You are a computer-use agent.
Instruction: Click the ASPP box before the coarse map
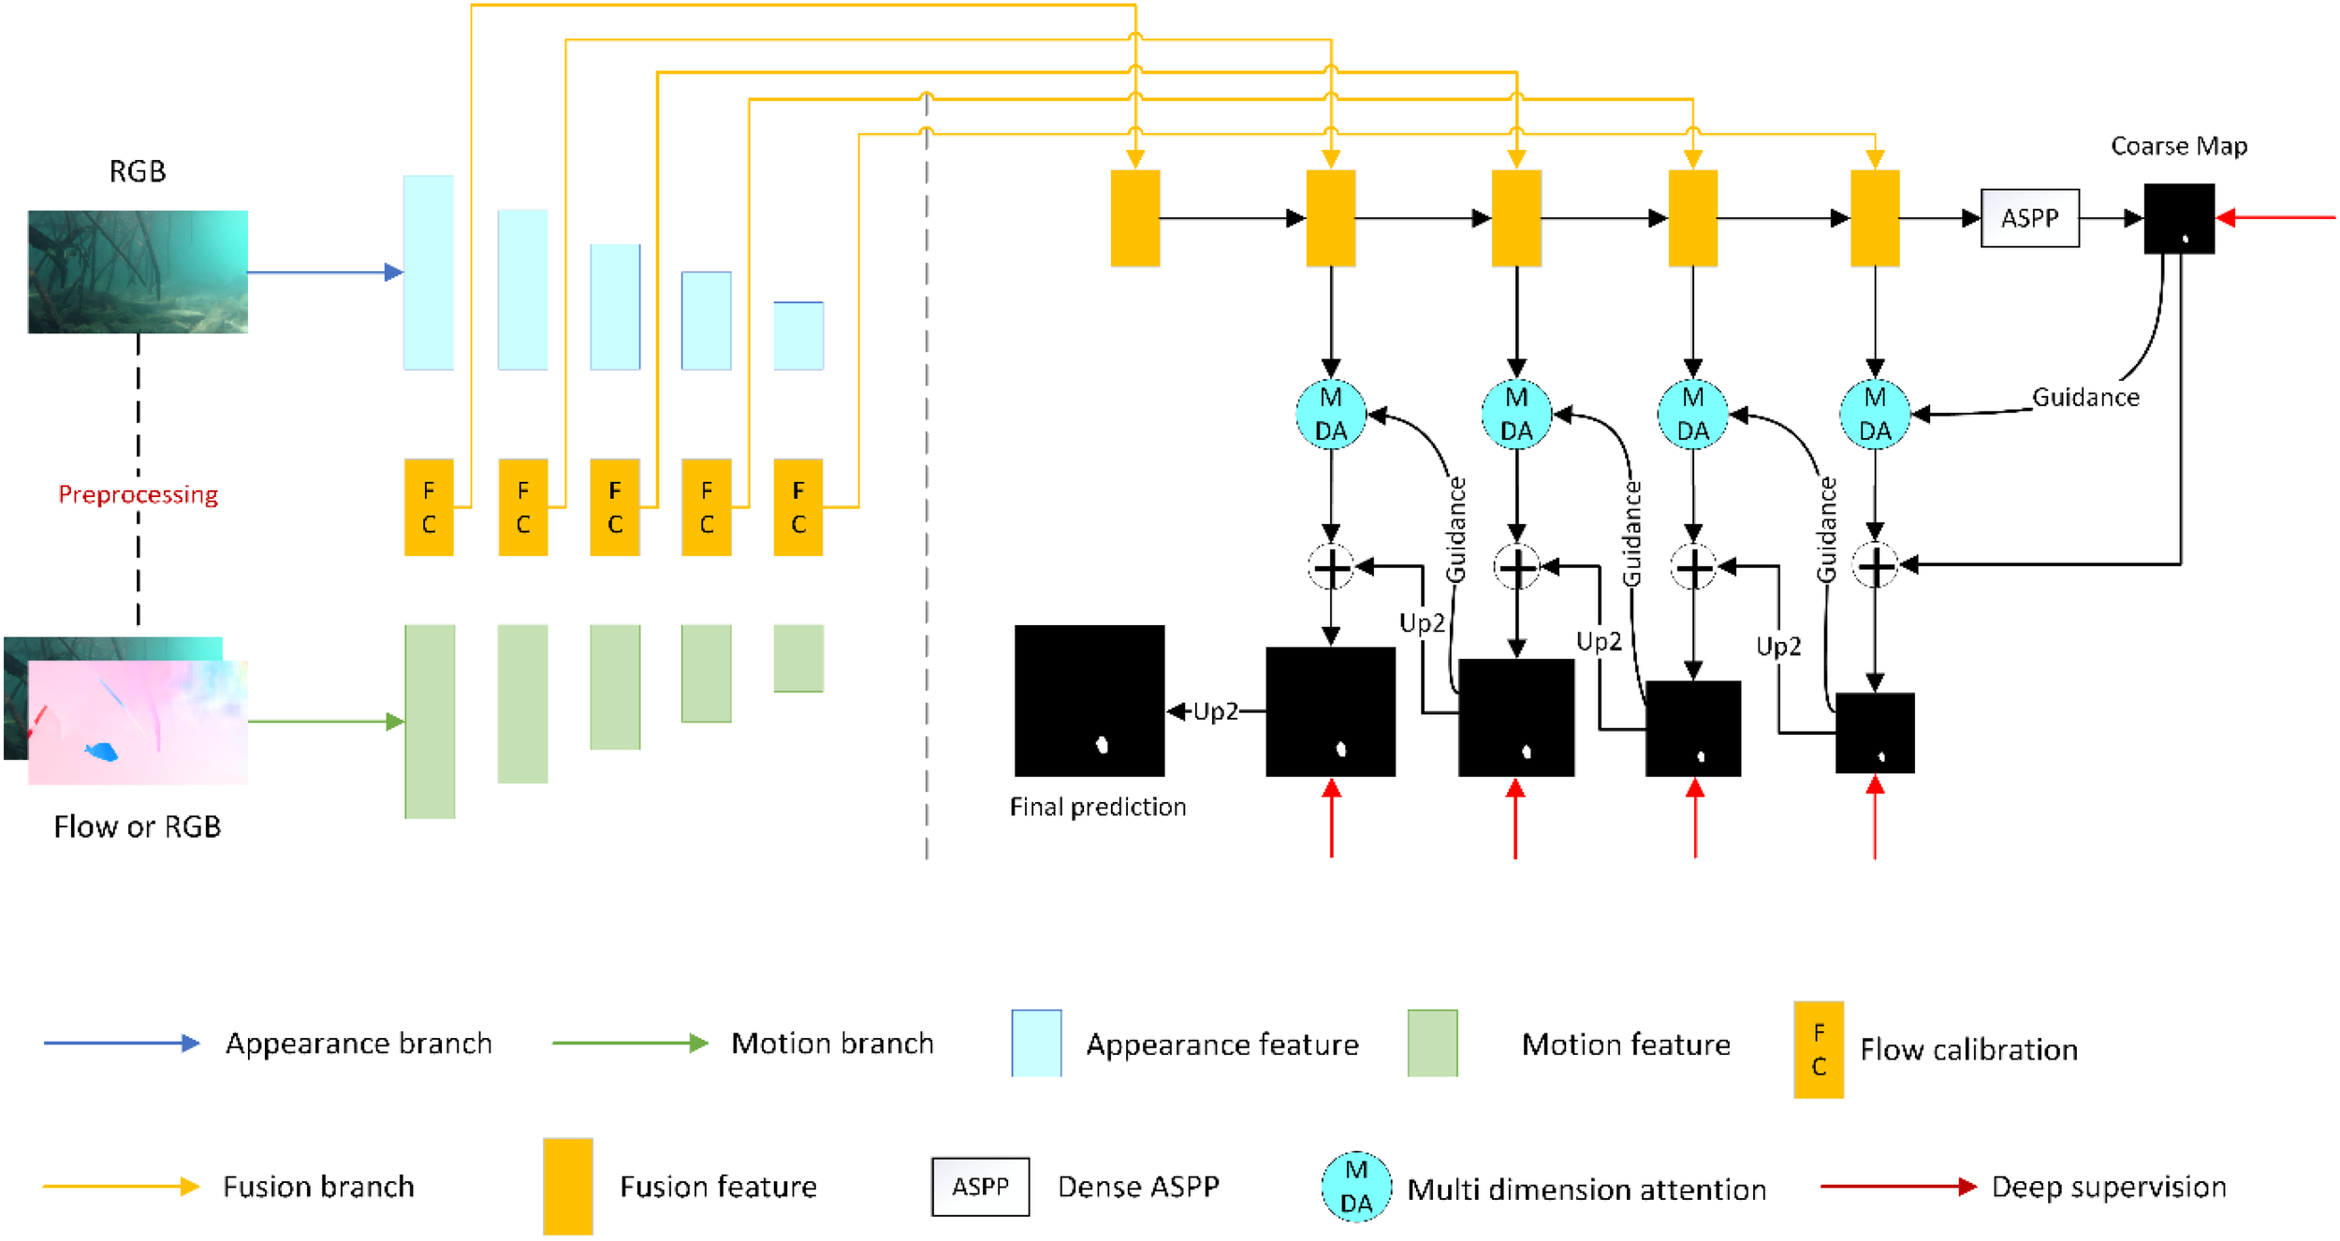[2029, 218]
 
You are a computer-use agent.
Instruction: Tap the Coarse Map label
[2178, 146]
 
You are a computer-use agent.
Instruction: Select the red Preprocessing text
[138, 494]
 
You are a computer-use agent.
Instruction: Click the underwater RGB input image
[138, 271]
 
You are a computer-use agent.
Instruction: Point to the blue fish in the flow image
[101, 751]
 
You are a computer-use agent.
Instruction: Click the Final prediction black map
[1090, 700]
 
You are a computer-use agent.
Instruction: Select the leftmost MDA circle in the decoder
[1330, 415]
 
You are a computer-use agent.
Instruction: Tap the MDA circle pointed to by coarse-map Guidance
[1874, 415]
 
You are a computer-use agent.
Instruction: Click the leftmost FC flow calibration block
[429, 507]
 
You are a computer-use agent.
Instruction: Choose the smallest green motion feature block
[798, 658]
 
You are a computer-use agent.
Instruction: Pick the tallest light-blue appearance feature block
[429, 272]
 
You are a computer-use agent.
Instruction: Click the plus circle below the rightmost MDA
[1875, 566]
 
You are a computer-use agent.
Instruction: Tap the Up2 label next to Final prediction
[1215, 712]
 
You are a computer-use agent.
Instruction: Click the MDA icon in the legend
[1355, 1187]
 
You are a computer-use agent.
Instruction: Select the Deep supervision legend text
[2108, 1187]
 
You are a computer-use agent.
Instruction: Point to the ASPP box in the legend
[980, 1187]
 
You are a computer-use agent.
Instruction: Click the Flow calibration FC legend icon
[1818, 1049]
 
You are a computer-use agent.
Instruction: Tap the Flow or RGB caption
[138, 826]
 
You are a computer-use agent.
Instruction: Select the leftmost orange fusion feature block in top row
[1134, 218]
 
